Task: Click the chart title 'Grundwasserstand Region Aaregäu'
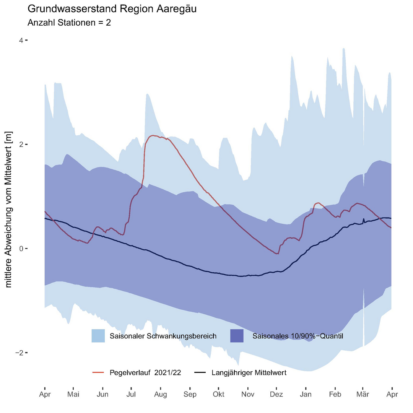pyautogui.click(x=112, y=9)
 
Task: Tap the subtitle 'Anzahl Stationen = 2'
pyautogui.click(x=69, y=23)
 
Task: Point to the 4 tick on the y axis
pyautogui.click(x=21, y=40)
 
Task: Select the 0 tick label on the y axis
pyautogui.click(x=21, y=249)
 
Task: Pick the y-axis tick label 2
pyautogui.click(x=21, y=145)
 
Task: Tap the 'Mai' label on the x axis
pyautogui.click(x=73, y=394)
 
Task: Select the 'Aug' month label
pyautogui.click(x=161, y=394)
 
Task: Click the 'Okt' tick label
pyautogui.click(x=219, y=394)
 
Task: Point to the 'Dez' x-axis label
pyautogui.click(x=276, y=394)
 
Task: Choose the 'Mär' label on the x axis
pyautogui.click(x=363, y=394)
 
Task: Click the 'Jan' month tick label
pyautogui.click(x=306, y=394)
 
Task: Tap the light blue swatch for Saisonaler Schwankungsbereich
pyautogui.click(x=98, y=336)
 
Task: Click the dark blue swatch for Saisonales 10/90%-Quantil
pyautogui.click(x=237, y=336)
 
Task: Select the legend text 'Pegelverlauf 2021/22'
pyautogui.click(x=145, y=372)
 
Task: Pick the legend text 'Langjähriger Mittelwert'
pyautogui.click(x=249, y=372)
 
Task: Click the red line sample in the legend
pyautogui.click(x=98, y=372)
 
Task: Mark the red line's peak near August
pyautogui.click(x=153, y=135)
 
